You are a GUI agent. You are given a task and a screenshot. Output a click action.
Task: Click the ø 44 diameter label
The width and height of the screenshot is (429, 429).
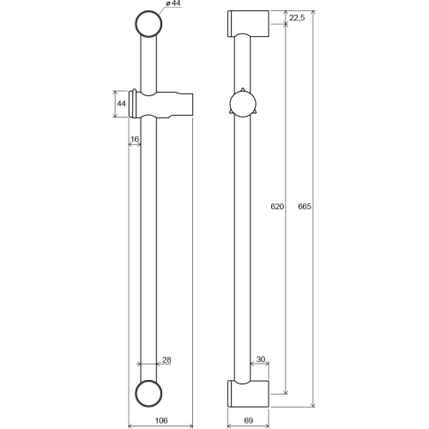173,4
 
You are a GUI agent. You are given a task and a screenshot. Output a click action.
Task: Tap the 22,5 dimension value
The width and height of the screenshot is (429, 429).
297,18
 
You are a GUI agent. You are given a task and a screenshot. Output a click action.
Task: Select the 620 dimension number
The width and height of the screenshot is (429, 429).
277,206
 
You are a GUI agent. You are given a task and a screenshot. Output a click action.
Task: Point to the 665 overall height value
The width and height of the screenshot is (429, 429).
305,206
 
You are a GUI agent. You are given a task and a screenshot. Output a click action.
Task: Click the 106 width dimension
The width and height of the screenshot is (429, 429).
161,420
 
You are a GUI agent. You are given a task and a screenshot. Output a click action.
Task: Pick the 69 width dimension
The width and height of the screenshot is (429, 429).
249,420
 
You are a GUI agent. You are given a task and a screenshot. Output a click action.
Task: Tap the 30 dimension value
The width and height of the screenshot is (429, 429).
261,359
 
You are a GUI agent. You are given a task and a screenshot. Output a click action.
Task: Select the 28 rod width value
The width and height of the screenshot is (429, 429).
166,360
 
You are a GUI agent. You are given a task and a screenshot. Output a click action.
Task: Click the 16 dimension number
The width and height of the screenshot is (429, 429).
135,139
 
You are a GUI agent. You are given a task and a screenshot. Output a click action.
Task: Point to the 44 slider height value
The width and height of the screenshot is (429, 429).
121,104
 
